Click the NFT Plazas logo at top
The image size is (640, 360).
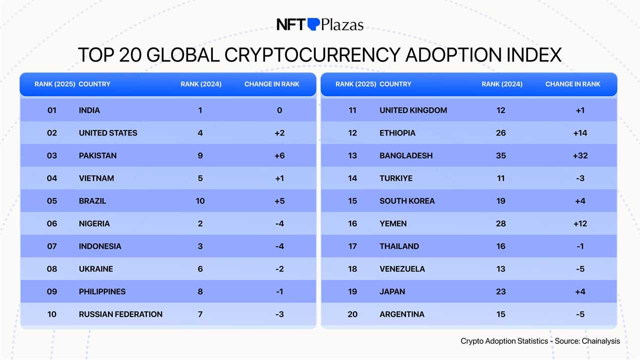point(320,24)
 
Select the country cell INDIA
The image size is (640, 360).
point(89,110)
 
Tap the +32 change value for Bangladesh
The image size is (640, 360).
point(580,155)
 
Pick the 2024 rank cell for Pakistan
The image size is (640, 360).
point(200,155)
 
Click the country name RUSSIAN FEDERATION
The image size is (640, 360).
point(120,314)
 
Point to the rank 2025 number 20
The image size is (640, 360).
point(352,314)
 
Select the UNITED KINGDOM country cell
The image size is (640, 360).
point(413,110)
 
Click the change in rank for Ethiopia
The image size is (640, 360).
point(580,133)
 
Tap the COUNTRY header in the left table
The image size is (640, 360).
point(94,84)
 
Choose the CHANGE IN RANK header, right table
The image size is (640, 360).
point(573,84)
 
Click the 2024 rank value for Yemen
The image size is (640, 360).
point(501,223)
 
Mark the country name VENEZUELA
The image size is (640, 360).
point(402,269)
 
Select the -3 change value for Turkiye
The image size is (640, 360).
point(580,178)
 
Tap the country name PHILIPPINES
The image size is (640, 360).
point(102,291)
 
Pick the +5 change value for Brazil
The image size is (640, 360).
point(279,201)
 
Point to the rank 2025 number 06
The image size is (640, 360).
point(52,223)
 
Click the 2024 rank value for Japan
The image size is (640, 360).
point(501,291)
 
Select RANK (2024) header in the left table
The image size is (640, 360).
point(201,84)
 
